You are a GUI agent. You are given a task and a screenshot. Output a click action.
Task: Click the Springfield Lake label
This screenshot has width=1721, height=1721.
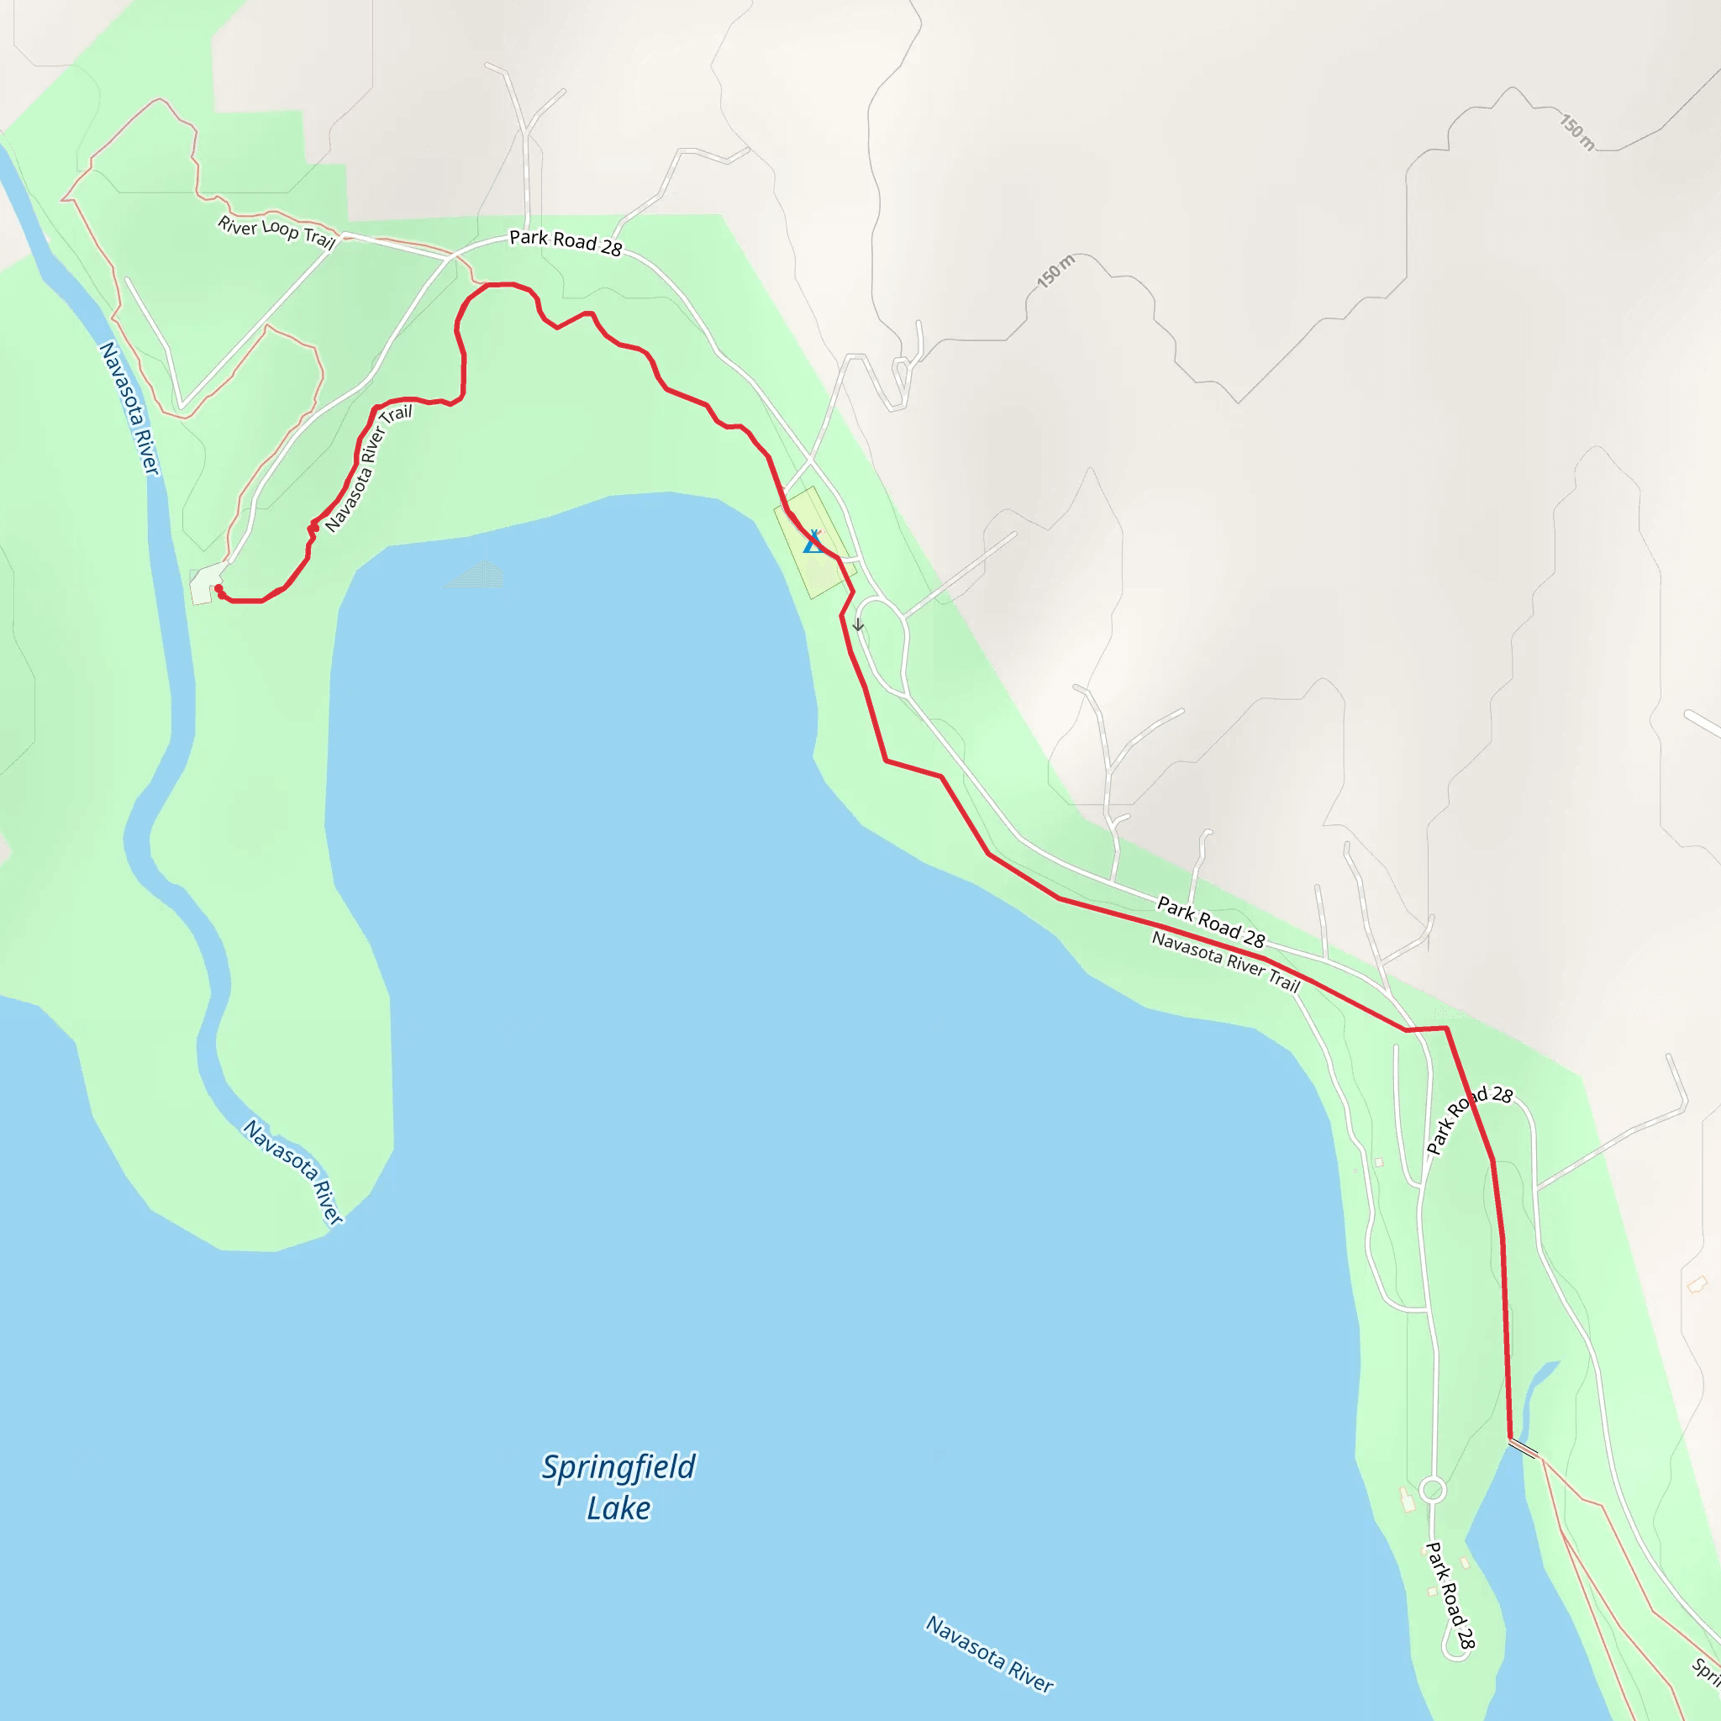tap(618, 1487)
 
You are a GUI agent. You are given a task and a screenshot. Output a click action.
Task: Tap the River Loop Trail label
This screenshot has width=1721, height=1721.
tap(276, 233)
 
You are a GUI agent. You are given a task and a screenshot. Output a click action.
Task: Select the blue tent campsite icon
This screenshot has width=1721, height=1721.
tap(813, 542)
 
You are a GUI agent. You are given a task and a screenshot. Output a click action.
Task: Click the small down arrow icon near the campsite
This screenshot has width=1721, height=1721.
tap(858, 624)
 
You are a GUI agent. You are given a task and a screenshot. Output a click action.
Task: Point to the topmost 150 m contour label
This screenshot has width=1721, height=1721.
tap(1576, 132)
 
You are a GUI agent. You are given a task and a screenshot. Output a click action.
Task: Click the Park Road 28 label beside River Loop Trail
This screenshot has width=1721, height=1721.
tap(565, 242)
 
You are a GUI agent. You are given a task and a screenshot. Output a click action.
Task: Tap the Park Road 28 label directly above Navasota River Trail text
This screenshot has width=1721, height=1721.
tap(1211, 922)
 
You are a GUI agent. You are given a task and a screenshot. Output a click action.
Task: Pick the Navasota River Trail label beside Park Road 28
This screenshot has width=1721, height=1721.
tap(1226, 961)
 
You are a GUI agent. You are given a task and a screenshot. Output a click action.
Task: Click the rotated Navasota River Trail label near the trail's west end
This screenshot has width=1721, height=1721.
tap(368, 469)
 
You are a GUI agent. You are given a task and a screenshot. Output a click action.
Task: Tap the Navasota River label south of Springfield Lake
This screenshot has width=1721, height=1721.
tap(989, 1653)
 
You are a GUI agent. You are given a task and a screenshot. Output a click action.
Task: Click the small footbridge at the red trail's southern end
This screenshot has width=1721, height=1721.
tap(1524, 1450)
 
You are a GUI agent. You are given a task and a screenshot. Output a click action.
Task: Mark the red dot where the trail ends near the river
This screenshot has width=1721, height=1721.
tap(219, 590)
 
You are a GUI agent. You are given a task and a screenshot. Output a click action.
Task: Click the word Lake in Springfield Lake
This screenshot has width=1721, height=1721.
tap(618, 1508)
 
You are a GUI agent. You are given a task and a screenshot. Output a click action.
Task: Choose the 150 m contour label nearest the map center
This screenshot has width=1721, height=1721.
tap(1055, 271)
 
